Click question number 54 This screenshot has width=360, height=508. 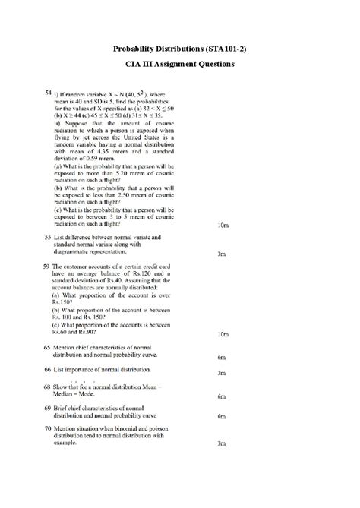(47, 92)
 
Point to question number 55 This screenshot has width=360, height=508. (47, 238)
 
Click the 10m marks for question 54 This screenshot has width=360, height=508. (223, 226)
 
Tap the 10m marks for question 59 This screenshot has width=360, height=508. (223, 333)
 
